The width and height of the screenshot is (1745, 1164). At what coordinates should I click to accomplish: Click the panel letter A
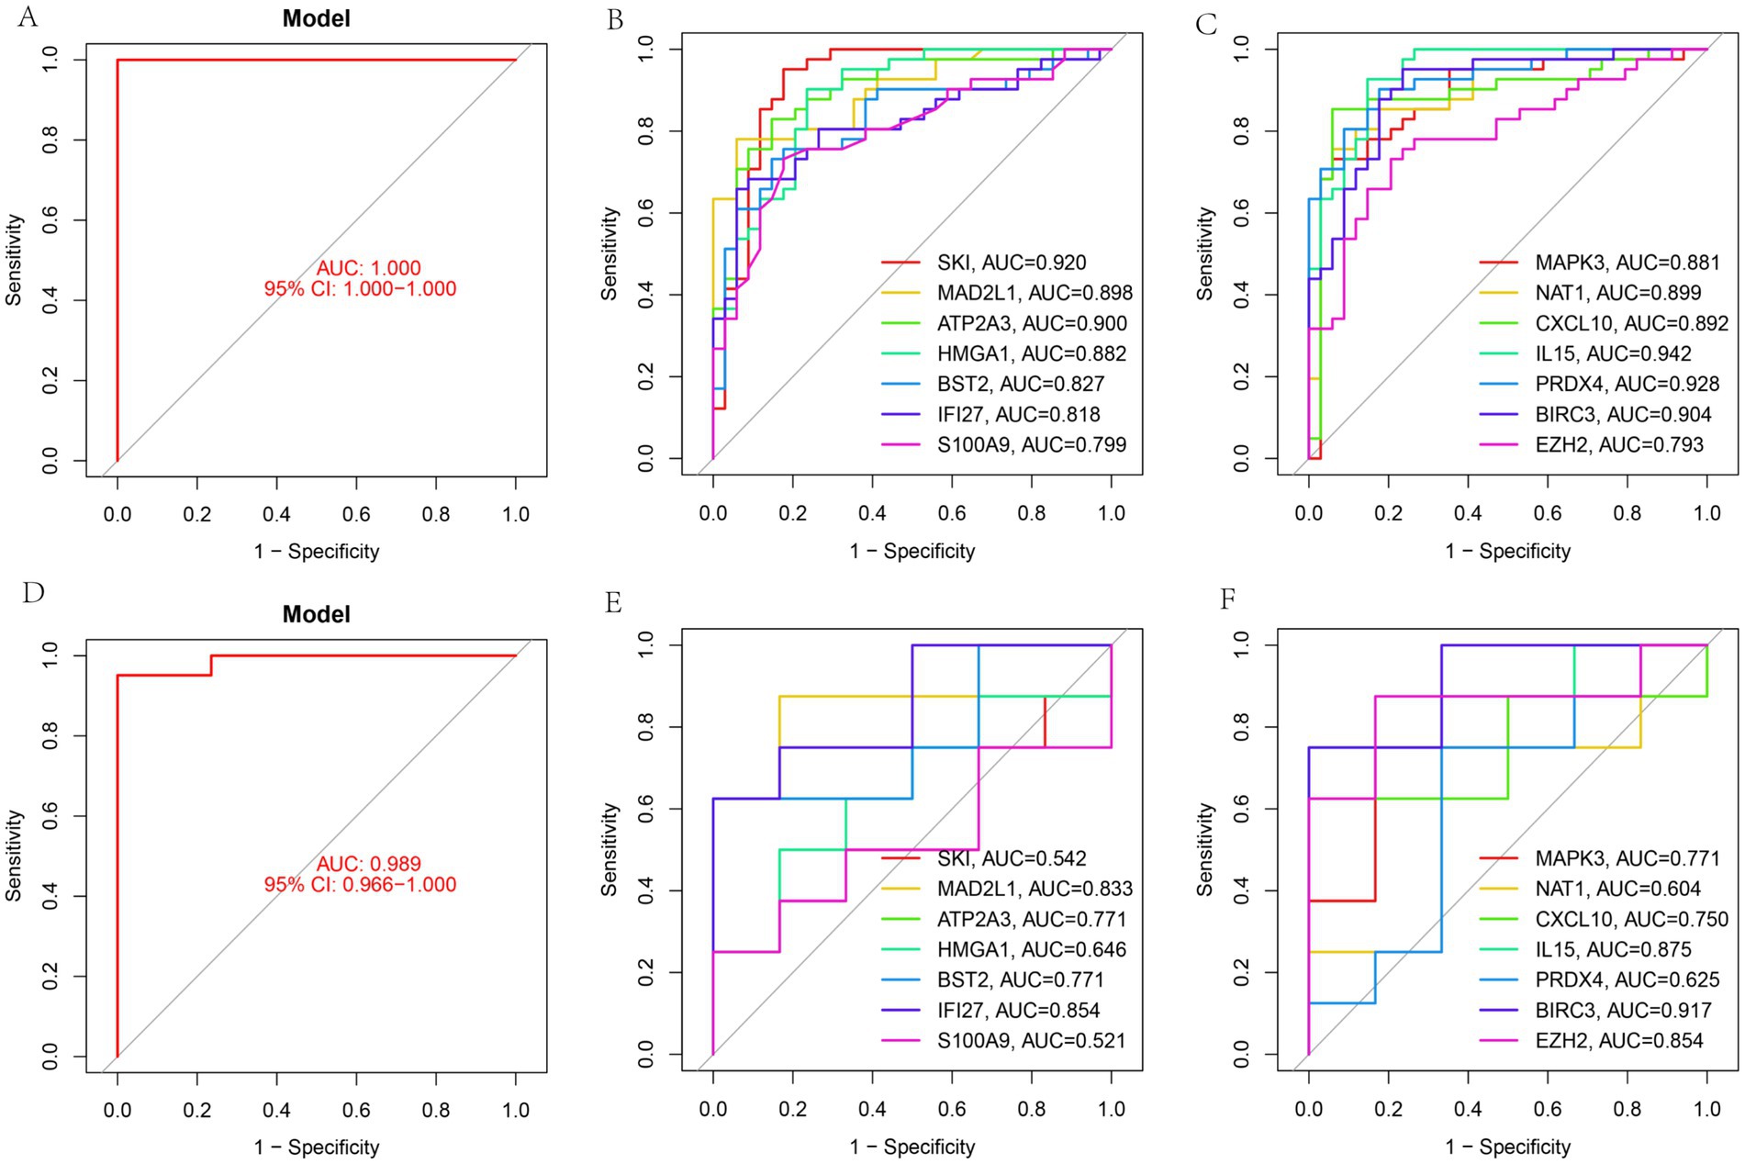click(28, 17)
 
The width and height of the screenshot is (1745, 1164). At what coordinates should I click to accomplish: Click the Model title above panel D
click(316, 614)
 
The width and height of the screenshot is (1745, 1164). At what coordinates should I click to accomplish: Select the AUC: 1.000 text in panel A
click(368, 268)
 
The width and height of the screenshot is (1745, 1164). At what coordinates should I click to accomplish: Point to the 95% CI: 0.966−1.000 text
click(360, 884)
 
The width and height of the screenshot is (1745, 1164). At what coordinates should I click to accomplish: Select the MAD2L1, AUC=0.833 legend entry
click(1035, 889)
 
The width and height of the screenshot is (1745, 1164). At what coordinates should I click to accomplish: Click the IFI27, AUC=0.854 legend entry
click(1018, 1010)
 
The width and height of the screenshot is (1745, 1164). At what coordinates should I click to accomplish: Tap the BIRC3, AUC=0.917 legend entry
click(1623, 1010)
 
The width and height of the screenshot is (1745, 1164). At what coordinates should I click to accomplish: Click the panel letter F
click(1227, 600)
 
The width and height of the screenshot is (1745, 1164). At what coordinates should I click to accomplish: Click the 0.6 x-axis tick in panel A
click(356, 514)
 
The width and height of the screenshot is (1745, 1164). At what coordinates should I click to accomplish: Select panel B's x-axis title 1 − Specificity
click(912, 551)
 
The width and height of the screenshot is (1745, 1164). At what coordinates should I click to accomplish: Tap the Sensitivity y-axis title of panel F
click(1205, 849)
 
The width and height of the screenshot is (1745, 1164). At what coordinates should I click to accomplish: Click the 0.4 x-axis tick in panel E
click(872, 1109)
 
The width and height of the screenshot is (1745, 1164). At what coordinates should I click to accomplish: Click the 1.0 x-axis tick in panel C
click(1706, 513)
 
